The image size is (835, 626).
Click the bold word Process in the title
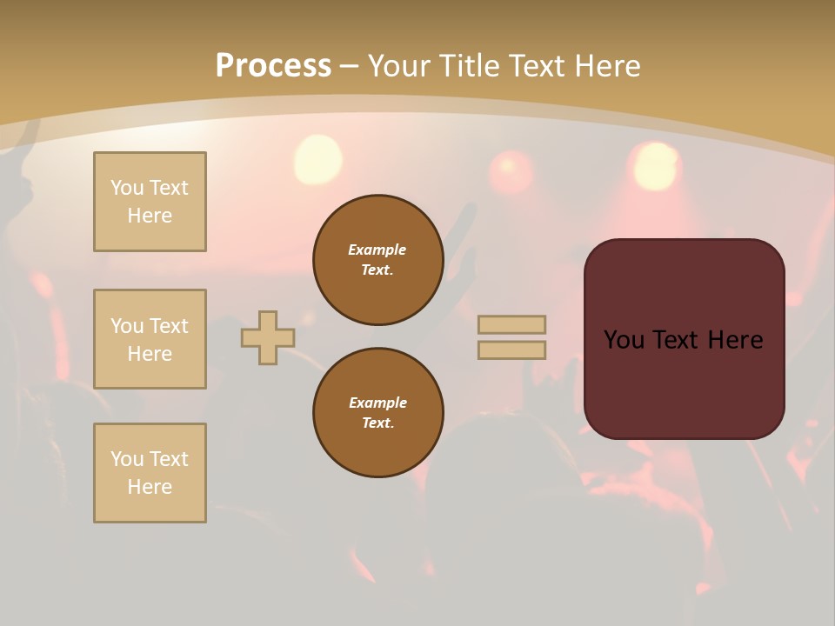(273, 66)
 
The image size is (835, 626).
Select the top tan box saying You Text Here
(150, 202)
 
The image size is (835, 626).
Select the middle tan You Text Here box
(150, 339)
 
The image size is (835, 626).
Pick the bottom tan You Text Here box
(150, 473)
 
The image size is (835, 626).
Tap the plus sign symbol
(268, 337)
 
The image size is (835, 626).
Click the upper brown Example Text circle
(378, 260)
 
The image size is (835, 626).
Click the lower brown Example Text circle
(378, 413)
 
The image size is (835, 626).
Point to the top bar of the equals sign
(511, 324)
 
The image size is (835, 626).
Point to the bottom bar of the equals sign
(511, 350)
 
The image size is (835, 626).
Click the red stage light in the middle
(511, 171)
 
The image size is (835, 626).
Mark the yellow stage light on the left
(318, 160)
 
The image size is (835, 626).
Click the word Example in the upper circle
(377, 250)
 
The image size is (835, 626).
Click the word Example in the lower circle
(377, 403)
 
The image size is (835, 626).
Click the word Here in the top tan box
(150, 216)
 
